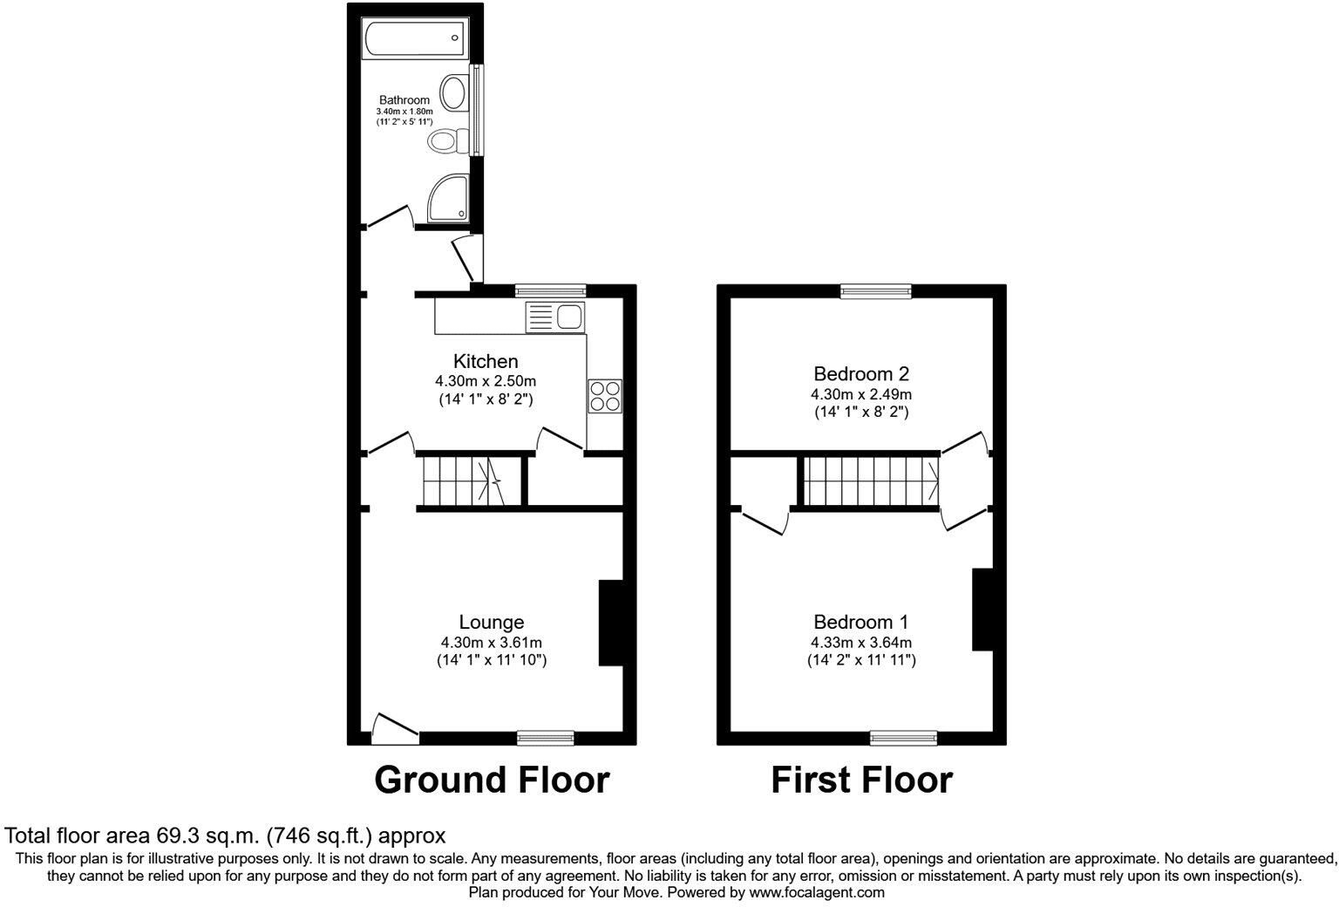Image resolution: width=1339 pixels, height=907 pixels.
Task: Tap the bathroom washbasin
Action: [x=453, y=92]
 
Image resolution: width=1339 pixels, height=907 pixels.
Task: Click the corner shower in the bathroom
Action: [x=448, y=197]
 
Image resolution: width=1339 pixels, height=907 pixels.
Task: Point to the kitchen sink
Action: [x=555, y=317]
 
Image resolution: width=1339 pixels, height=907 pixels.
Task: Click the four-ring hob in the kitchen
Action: [x=605, y=396]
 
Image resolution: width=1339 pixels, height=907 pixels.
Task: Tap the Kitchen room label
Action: [x=486, y=361]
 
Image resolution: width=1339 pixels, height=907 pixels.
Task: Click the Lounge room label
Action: [x=492, y=622]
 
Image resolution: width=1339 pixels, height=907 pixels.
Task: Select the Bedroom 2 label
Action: [x=861, y=374]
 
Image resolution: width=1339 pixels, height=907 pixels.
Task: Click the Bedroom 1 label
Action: [x=861, y=622]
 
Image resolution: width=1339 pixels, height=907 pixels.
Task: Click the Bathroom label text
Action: [x=404, y=100]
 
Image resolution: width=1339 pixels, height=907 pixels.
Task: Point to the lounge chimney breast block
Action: [x=610, y=623]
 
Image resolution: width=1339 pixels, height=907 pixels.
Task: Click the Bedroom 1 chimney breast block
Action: [x=982, y=610]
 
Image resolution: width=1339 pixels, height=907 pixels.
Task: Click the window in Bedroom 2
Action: [x=876, y=292]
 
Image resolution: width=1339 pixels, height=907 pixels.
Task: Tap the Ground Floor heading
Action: [x=492, y=780]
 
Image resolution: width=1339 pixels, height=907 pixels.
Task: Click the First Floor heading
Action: [x=861, y=780]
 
